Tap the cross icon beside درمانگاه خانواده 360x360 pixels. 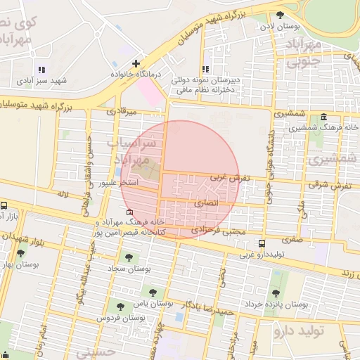pos(136,64)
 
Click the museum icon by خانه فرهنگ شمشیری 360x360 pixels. pos(323,117)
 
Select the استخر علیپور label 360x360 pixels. pos(119,183)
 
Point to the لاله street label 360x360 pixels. pos(63,193)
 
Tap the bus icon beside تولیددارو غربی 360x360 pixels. pos(262,243)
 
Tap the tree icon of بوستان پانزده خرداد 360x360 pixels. pos(275,292)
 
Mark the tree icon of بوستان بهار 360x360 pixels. pos(20,254)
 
